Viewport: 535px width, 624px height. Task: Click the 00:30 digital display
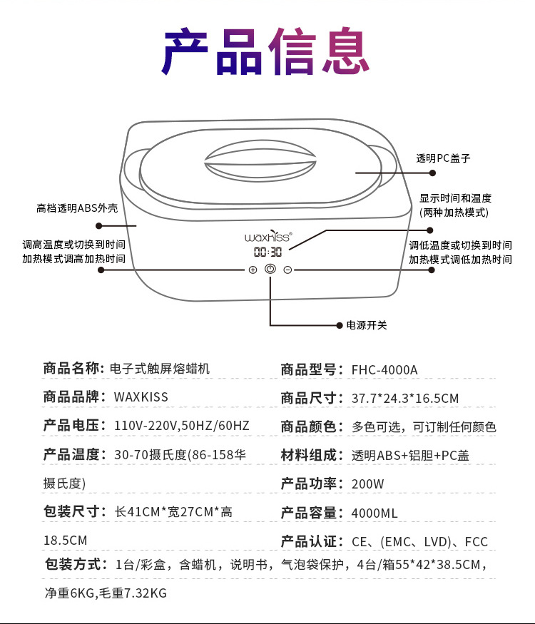tap(268, 252)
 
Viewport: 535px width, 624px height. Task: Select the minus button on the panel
tap(287, 270)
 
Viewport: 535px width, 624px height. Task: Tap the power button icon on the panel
tap(270, 270)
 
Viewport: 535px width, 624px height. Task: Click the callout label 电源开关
tap(367, 325)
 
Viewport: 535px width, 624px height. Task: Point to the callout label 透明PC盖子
tap(444, 158)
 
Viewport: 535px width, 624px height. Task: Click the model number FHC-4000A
tap(384, 369)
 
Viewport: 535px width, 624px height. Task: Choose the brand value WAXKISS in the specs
tap(141, 397)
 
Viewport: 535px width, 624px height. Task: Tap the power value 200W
tap(367, 484)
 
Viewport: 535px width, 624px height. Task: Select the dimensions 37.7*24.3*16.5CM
tap(404, 398)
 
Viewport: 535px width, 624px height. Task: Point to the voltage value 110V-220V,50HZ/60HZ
tap(182, 426)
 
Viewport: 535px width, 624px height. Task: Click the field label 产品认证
tap(308, 541)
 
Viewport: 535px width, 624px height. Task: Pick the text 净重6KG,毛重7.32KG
tap(105, 593)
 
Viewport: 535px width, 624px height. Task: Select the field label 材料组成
tap(308, 455)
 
